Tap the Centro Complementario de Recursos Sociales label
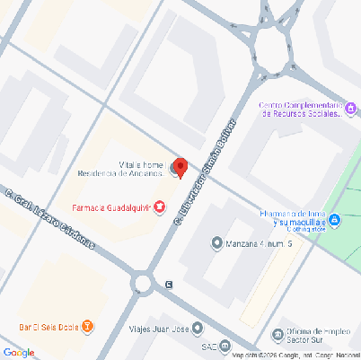pos(301,110)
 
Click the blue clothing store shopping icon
pos(334,220)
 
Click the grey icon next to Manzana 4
pos(216,243)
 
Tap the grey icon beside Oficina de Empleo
pos(277,336)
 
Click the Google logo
pos(19,351)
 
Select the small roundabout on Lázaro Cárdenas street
pos(142,285)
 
